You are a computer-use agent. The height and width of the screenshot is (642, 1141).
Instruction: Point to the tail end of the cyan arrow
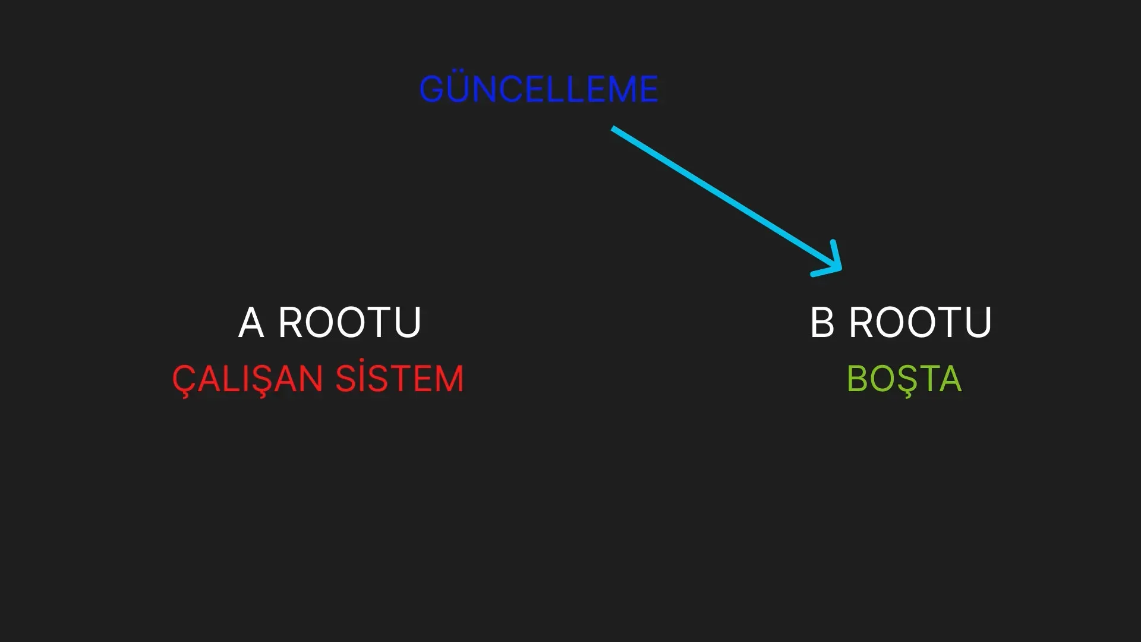click(x=613, y=128)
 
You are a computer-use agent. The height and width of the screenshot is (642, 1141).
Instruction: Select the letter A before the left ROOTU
click(x=251, y=323)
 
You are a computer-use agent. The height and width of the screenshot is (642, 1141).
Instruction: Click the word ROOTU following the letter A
click(x=349, y=323)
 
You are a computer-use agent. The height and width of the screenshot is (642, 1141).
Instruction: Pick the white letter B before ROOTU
click(x=822, y=323)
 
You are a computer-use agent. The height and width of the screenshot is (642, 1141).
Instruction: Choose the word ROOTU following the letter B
click(x=921, y=323)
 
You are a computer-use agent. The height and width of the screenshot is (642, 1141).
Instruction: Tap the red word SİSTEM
click(x=399, y=378)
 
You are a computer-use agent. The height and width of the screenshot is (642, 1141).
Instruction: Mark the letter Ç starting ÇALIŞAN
click(x=184, y=380)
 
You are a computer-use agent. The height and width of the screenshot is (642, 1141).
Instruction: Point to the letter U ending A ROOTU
click(x=409, y=323)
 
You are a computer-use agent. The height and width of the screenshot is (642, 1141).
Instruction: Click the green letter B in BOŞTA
click(x=857, y=379)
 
